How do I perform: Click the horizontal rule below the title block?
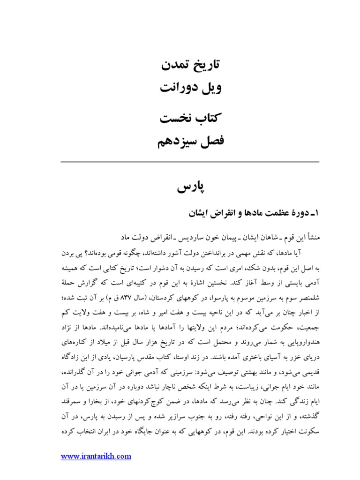tap(190, 161)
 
